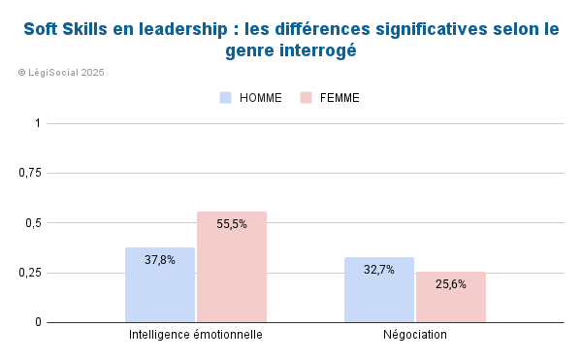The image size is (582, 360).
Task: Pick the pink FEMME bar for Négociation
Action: coord(451,296)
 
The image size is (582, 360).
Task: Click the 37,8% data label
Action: coord(160,260)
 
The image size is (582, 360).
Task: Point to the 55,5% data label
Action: coord(232,223)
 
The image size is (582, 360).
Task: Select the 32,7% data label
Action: coord(379,270)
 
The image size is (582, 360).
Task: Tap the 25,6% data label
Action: coord(451,284)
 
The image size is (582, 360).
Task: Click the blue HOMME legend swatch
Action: coord(226,98)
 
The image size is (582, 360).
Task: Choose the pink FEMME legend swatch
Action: coord(307,98)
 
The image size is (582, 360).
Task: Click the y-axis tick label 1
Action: coord(38,123)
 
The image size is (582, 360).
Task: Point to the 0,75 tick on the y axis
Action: coord(31,173)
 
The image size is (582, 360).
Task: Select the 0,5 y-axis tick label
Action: coord(34,222)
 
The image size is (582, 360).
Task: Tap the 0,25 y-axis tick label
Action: coord(31,273)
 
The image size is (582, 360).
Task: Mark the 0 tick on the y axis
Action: coord(38,322)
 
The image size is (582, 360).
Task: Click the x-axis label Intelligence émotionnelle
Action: coord(196,335)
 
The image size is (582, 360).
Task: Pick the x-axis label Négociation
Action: coord(415,335)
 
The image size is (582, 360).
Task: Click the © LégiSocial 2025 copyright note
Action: coord(61,73)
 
